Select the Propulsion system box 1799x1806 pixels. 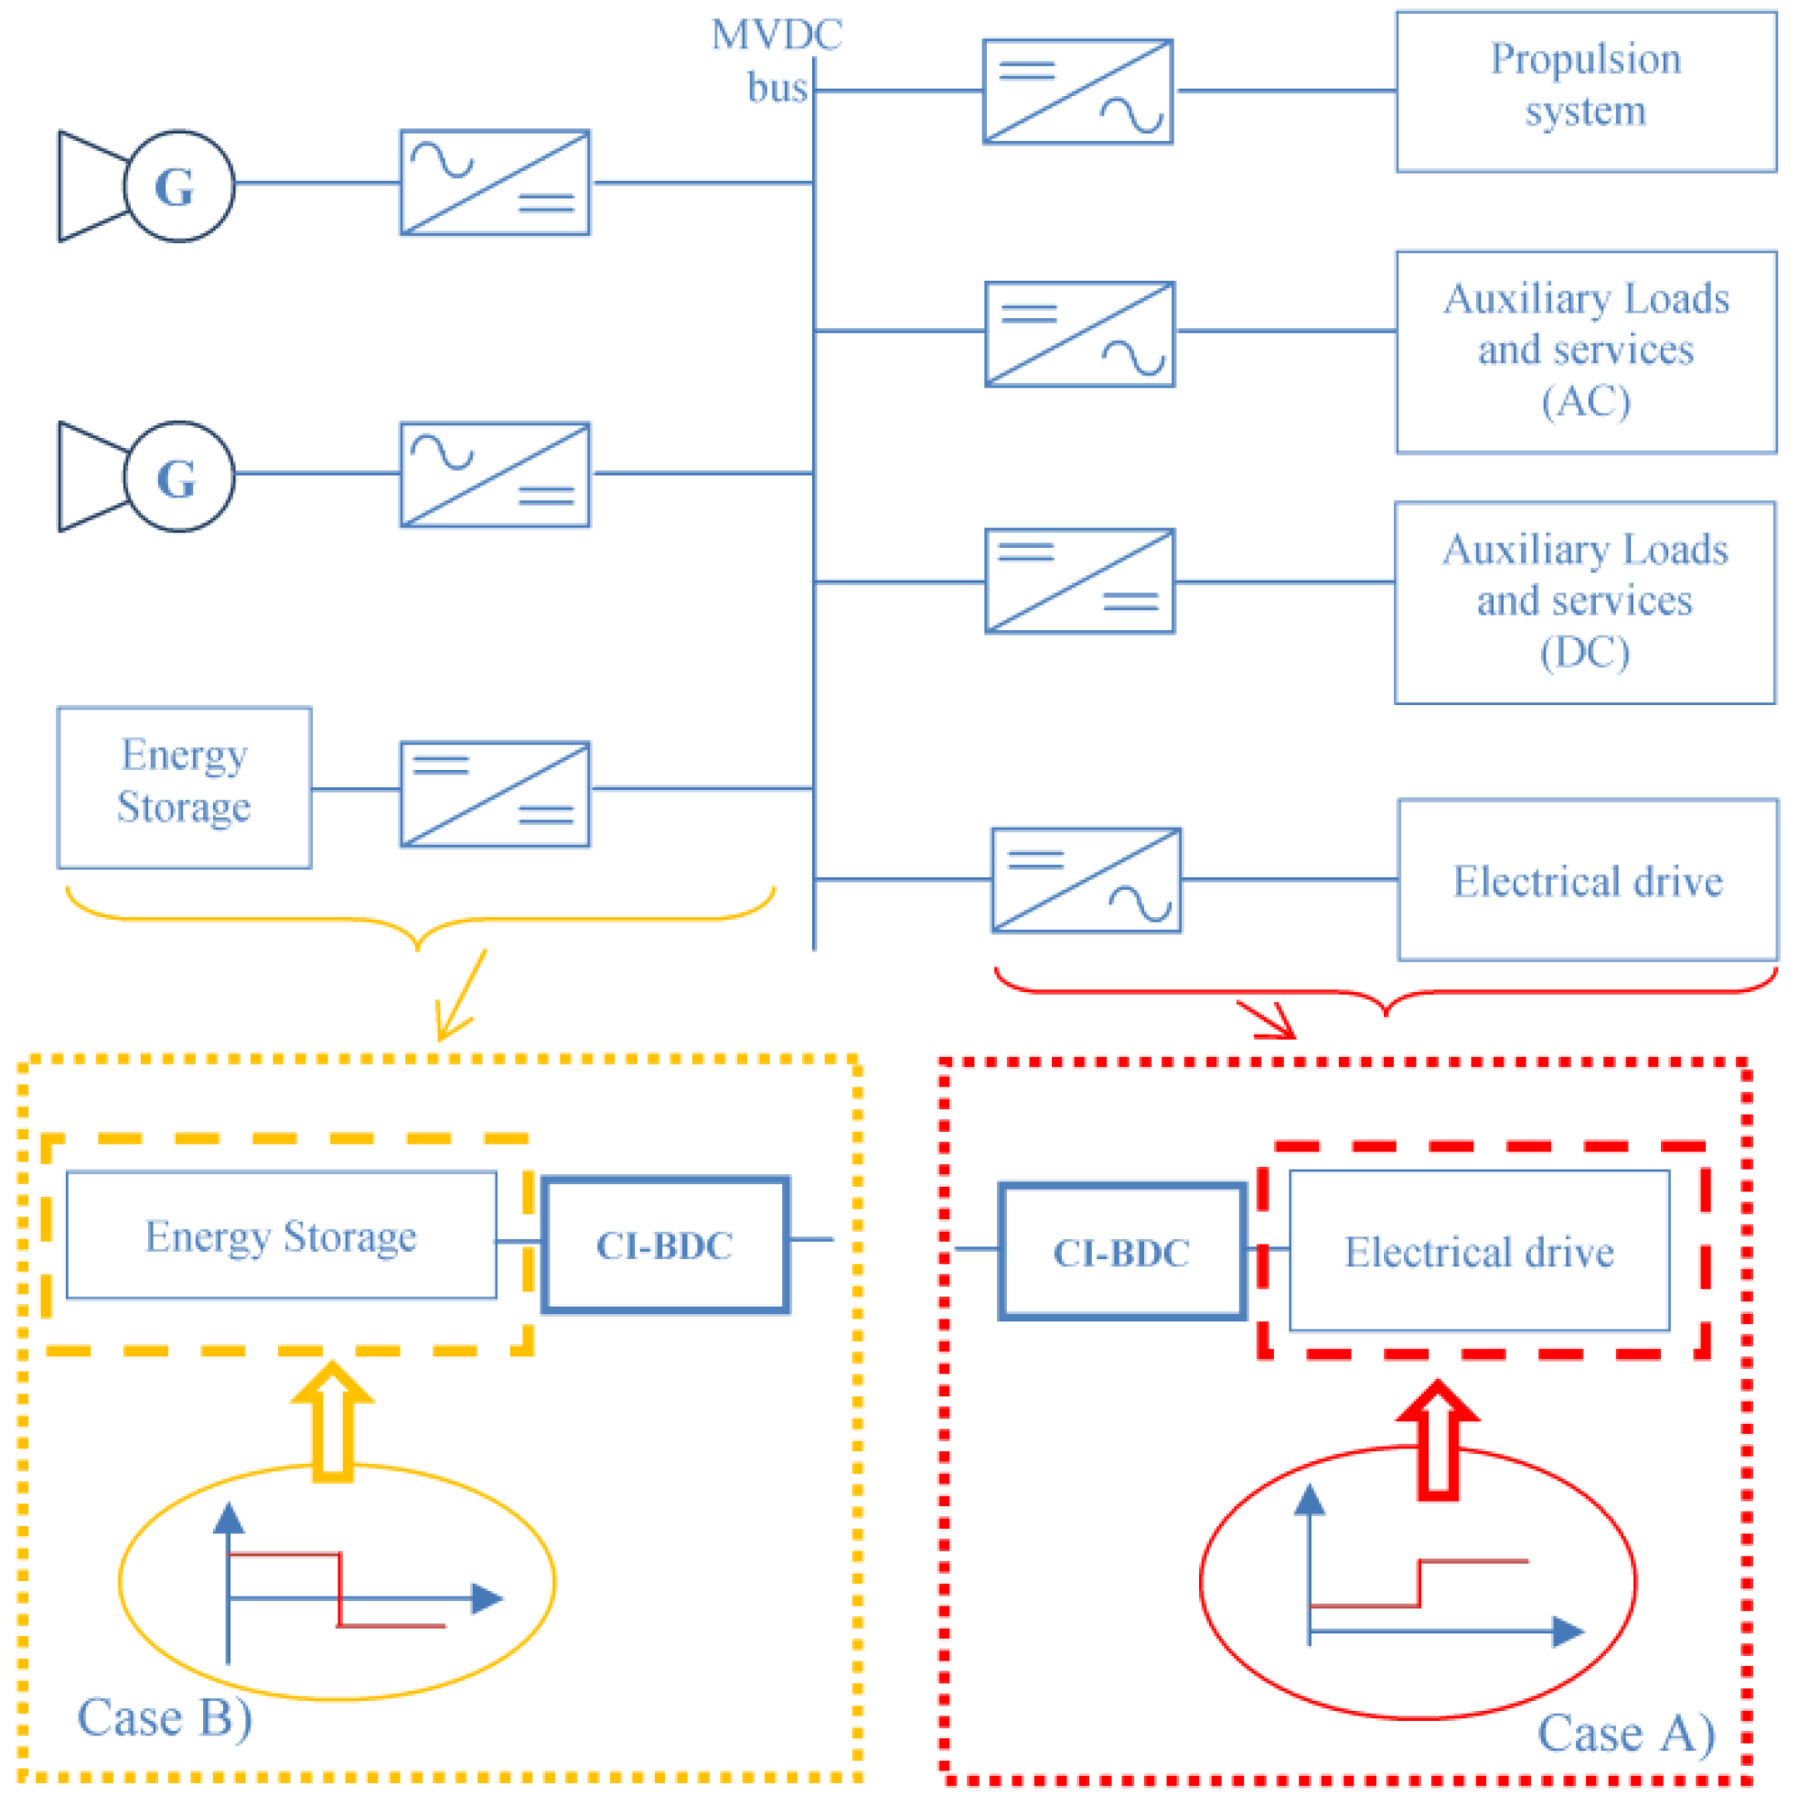(x=1586, y=91)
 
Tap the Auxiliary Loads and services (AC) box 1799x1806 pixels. (x=1586, y=351)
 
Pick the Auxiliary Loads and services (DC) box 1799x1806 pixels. (x=1584, y=603)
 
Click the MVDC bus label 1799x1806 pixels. (x=776, y=59)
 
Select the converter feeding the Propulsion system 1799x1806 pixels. (x=1077, y=91)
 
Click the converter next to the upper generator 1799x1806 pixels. (x=495, y=182)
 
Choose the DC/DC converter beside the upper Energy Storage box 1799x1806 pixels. (x=495, y=795)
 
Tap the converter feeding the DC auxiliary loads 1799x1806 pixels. (x=1079, y=582)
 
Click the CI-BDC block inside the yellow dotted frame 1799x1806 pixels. (x=666, y=1245)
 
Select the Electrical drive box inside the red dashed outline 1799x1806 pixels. (x=1479, y=1251)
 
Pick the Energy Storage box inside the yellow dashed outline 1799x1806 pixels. (x=281, y=1235)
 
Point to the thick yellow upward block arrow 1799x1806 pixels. (x=333, y=1421)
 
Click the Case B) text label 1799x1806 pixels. (x=165, y=1718)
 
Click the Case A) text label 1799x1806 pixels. (x=1625, y=1734)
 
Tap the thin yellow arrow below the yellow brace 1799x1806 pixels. (x=462, y=997)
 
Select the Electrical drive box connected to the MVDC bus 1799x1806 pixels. (x=1588, y=881)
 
